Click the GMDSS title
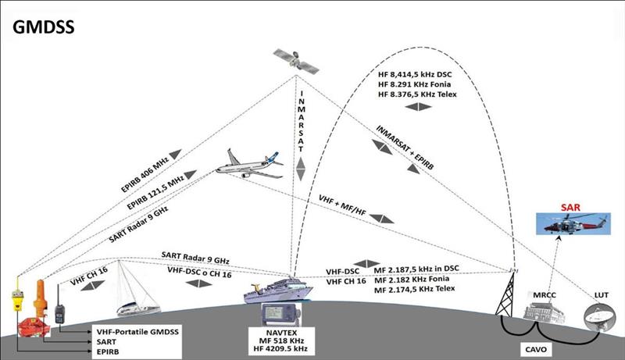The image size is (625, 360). coord(44,27)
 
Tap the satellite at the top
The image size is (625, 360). coord(296,61)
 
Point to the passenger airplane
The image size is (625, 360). coord(249,164)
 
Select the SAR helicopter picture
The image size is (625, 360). coord(573,223)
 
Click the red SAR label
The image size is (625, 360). coord(570,207)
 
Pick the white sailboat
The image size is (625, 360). coord(137,289)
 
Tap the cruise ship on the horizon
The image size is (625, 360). coord(278,291)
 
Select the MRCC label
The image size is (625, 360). coord(544,295)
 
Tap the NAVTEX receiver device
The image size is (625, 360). coord(281,315)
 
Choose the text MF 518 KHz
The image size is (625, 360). coord(281,340)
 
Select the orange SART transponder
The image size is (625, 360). coord(40,298)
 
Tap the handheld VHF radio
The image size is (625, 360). coord(59,307)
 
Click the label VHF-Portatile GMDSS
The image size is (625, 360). coord(137,332)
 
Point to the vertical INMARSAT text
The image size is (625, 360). coord(302,121)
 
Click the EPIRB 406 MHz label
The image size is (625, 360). coord(145,174)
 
